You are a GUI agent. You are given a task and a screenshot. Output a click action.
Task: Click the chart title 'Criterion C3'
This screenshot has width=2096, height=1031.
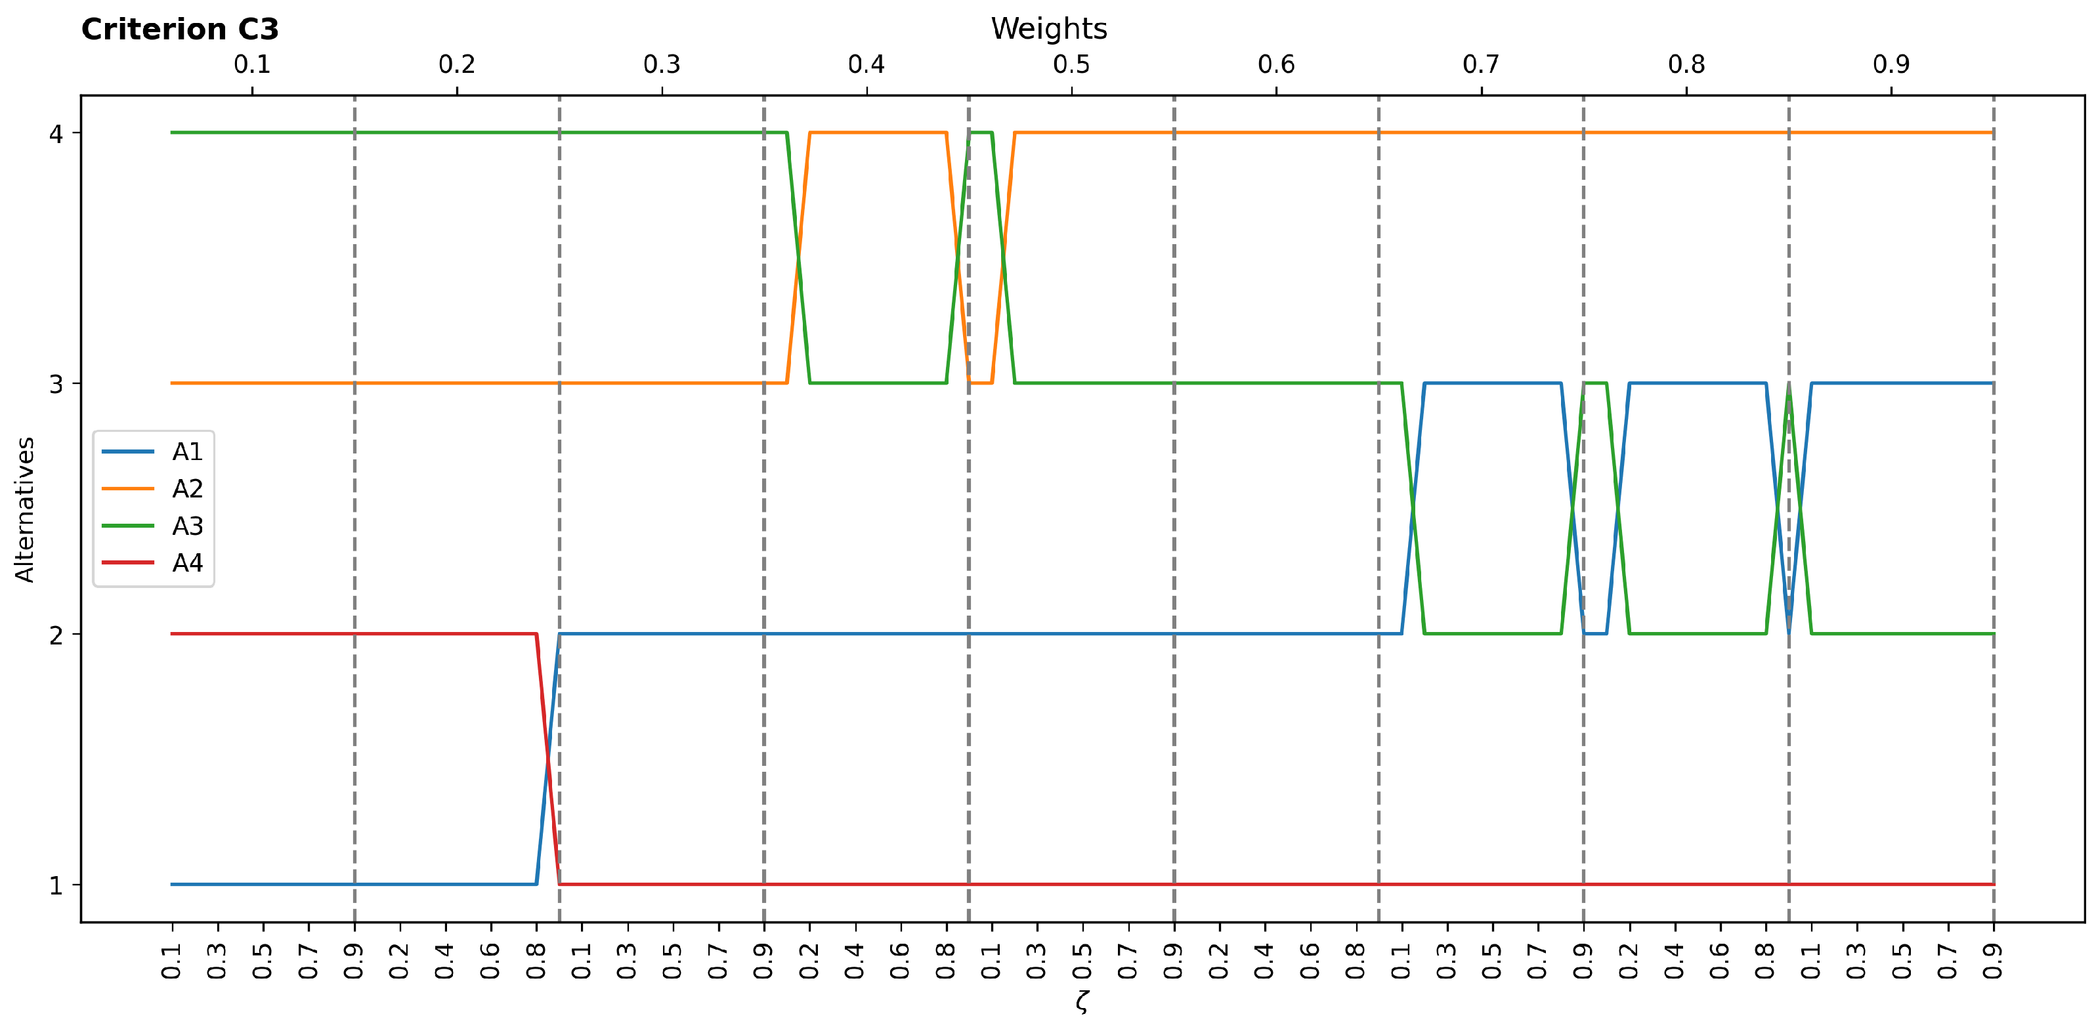tap(180, 30)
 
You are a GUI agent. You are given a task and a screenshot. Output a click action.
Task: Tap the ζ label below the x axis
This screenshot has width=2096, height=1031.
tap(1081, 1000)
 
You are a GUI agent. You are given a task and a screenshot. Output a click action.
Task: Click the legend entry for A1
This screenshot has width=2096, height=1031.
tap(186, 452)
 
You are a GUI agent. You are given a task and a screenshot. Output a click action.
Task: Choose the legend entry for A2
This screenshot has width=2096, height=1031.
tap(186, 489)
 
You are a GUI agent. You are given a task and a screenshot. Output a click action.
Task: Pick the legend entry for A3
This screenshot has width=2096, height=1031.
tap(186, 526)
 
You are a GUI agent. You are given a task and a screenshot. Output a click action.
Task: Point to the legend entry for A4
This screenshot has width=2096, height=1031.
tap(186, 563)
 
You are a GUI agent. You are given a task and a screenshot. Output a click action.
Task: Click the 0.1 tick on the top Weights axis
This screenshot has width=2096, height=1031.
tap(252, 64)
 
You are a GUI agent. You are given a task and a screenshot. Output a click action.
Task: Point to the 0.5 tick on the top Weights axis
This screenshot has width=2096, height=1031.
tap(1071, 64)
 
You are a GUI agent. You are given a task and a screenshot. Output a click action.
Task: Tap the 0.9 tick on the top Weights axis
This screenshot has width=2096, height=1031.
tap(1891, 64)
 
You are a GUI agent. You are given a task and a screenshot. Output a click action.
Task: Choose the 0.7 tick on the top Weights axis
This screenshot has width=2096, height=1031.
tap(1481, 64)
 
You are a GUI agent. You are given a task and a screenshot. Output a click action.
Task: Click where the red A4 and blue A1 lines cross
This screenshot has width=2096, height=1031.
tap(547, 759)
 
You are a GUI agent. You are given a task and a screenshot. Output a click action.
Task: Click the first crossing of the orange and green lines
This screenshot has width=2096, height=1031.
tap(798, 258)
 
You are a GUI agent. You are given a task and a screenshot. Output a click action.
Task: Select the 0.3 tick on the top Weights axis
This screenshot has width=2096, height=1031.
tap(662, 64)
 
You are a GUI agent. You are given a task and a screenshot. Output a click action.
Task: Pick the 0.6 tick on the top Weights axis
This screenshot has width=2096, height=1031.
tap(1276, 64)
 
